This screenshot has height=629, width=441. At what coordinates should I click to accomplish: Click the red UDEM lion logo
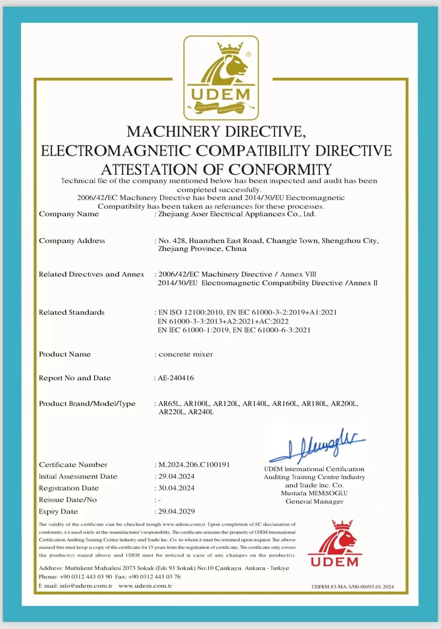point(335,543)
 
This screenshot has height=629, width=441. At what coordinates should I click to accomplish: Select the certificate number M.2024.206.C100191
point(194,465)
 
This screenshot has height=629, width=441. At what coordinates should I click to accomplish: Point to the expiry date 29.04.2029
point(176,511)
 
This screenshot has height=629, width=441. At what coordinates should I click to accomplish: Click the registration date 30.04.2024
point(176,488)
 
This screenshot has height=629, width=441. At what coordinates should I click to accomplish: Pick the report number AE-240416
point(176,378)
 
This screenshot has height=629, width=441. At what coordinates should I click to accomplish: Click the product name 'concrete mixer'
point(185,354)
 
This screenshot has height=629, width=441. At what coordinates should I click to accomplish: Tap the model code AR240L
point(201,412)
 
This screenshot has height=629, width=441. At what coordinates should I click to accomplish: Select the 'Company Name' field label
point(69,214)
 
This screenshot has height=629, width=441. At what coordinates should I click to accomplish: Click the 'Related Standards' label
point(72,312)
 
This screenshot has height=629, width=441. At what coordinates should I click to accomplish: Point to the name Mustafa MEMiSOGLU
point(314,493)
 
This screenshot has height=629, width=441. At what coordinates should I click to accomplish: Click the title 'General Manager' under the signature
point(314,502)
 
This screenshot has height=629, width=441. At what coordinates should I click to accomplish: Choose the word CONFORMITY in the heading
point(280,169)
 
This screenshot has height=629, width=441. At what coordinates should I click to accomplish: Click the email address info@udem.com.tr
point(86,586)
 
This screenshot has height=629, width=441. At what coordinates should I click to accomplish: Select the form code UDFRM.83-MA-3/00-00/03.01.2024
point(352,586)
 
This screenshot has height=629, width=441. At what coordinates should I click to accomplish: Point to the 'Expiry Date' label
point(58,511)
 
